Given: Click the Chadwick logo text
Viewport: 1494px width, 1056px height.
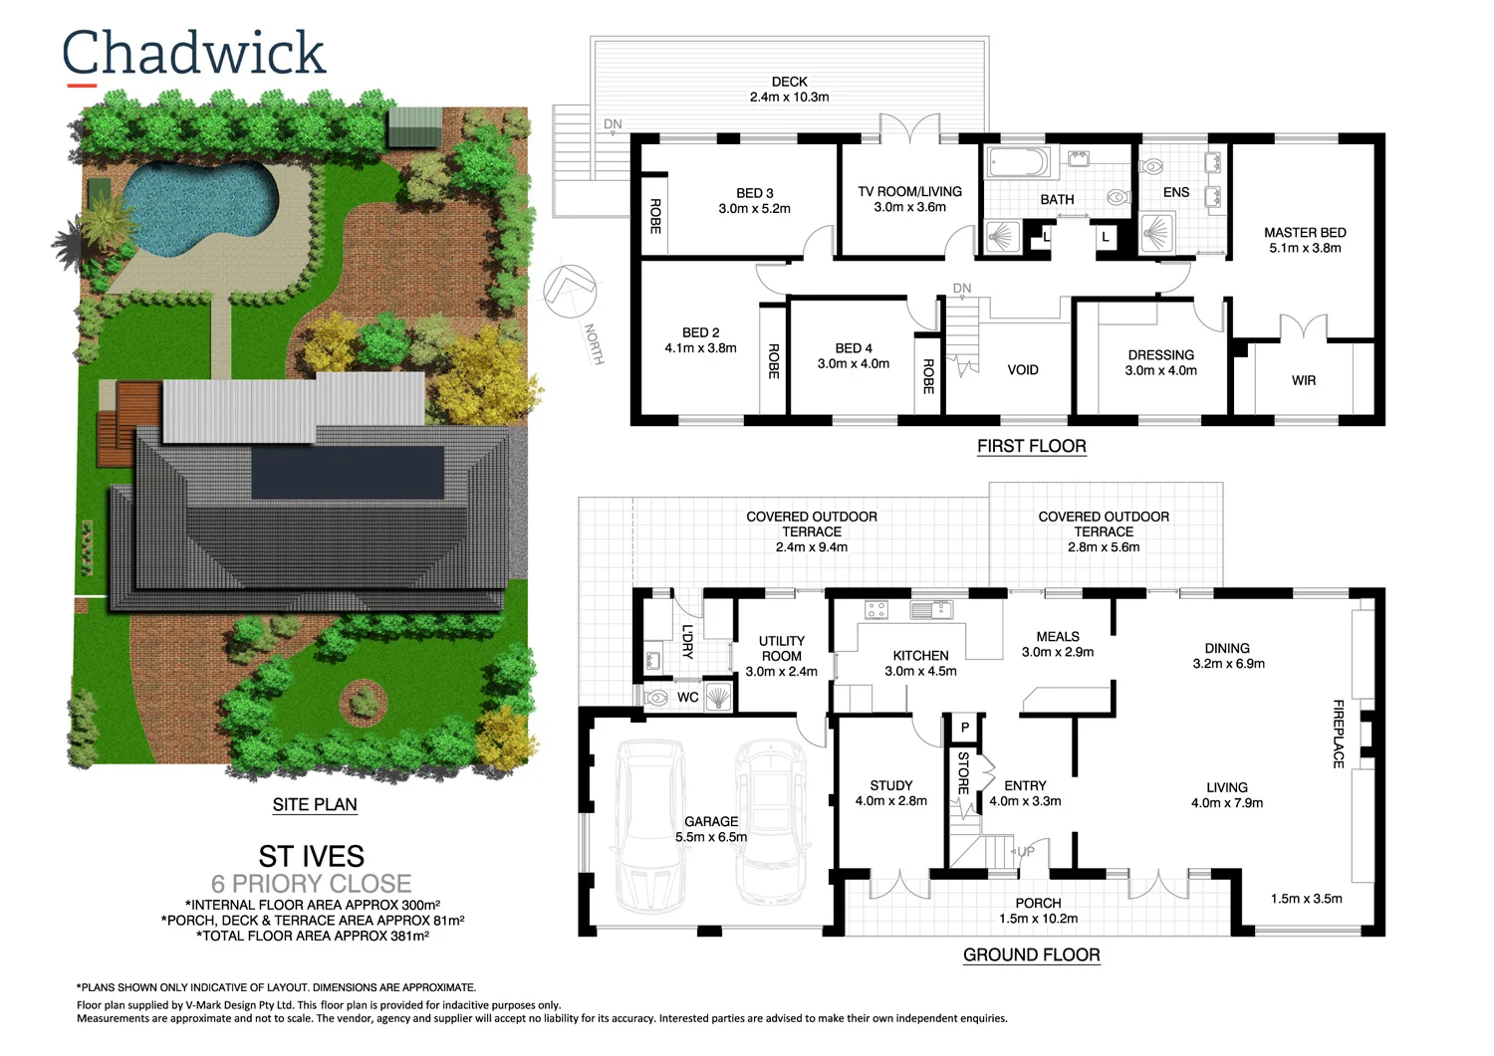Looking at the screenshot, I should pos(194,54).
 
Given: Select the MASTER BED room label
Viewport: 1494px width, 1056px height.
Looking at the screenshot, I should pos(1305,240).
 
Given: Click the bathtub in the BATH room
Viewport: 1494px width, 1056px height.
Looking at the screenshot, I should pos(1017,161).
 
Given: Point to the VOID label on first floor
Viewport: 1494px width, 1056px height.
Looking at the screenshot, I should pos(1023,370).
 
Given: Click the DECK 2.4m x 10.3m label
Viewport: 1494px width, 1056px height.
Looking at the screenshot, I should pos(789,90).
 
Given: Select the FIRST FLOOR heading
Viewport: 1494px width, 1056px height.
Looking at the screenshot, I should pos(1031,446).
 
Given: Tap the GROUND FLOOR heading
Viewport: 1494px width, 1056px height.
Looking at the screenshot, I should pos(1031,954).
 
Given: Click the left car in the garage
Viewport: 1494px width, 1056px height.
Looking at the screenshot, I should pos(650,826).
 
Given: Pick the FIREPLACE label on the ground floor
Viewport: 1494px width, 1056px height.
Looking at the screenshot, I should pos(1339,734).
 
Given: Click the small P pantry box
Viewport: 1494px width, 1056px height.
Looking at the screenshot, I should pos(964,728).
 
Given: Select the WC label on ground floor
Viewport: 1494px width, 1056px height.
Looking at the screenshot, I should pos(687,697).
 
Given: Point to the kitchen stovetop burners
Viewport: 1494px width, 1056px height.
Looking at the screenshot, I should pos(875,610).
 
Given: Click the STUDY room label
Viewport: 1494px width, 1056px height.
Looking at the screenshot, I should pos(890,792).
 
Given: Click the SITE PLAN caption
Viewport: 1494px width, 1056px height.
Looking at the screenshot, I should pos(315,804).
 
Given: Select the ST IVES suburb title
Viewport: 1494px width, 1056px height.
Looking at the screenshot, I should pos(311,856).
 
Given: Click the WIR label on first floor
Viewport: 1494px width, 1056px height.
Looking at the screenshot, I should pos(1304,380).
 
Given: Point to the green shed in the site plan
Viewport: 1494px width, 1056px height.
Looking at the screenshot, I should pos(413,126).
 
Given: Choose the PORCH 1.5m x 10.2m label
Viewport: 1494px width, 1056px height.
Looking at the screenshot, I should pos(1038,911).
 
